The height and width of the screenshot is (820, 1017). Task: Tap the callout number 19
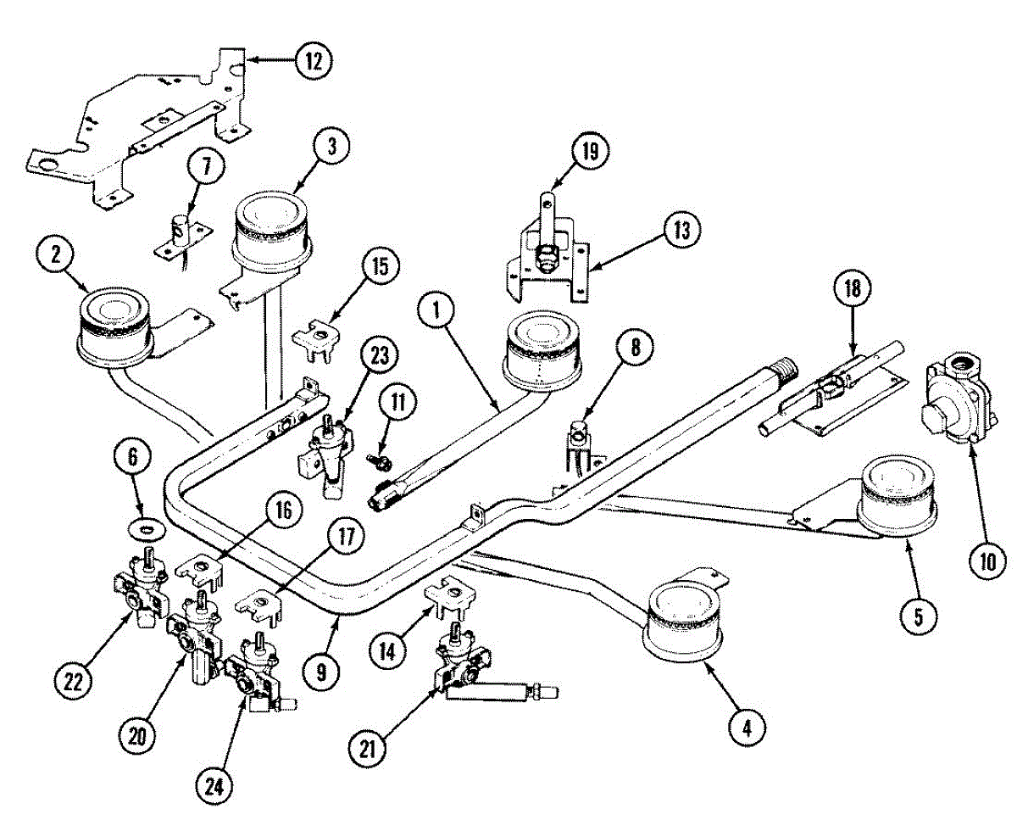pos(590,152)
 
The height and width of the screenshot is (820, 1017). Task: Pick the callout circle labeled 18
pos(852,289)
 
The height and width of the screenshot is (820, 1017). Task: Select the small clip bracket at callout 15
pos(318,333)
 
